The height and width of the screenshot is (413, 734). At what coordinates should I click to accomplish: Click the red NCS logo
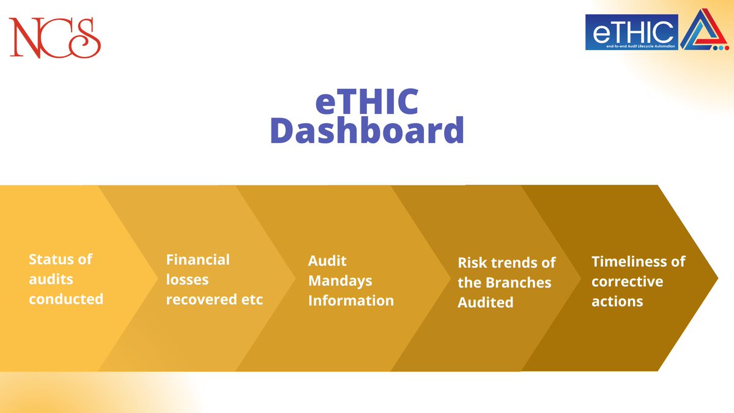[54, 37]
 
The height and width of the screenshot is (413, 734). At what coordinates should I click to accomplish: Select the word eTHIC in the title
[366, 102]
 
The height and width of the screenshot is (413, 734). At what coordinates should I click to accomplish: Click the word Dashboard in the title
[366, 130]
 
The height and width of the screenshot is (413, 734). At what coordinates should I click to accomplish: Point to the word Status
[48, 259]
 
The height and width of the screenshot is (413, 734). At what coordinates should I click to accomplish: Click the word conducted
[66, 300]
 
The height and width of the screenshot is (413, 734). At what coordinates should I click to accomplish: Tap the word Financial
[198, 259]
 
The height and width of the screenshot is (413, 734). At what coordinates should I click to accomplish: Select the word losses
[187, 280]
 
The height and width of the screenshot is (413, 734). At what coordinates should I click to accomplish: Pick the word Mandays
[340, 281]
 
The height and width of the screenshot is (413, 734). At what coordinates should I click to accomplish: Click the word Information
[350, 300]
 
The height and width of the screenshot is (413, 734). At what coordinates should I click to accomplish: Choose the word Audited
[485, 302]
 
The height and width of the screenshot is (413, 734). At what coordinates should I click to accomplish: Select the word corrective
[627, 281]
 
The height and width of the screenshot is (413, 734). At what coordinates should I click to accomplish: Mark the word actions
[617, 301]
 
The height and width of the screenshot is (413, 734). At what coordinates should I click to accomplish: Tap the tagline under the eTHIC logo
[631, 46]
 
